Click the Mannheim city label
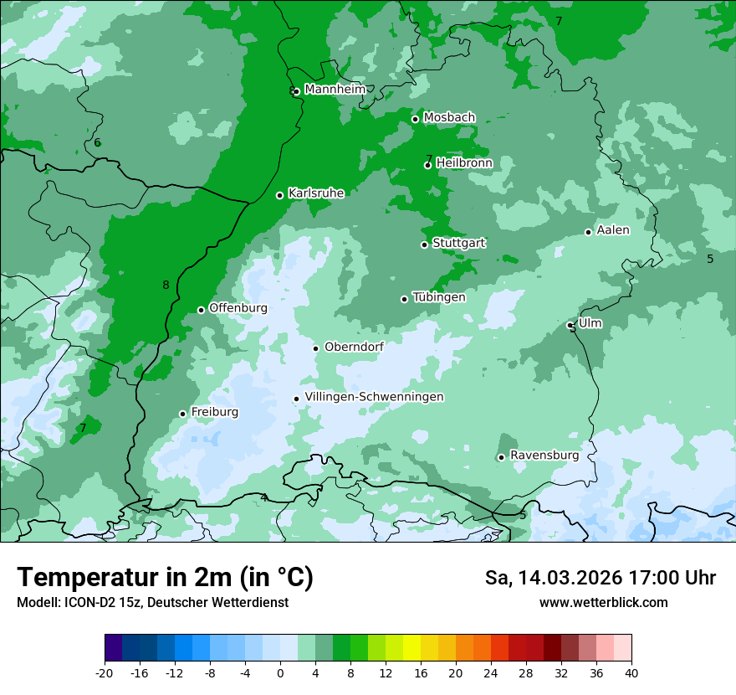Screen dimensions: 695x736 click(335, 90)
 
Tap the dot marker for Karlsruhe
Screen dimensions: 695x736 click(280, 196)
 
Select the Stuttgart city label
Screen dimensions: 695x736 click(458, 243)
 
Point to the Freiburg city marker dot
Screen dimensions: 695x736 click(182, 414)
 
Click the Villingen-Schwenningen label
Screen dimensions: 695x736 click(374, 397)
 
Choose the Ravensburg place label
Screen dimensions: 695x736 click(544, 456)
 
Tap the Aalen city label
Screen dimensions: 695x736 click(613, 230)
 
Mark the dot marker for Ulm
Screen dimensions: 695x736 click(570, 325)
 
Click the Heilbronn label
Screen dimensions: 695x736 click(464, 163)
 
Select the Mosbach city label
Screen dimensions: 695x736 click(449, 118)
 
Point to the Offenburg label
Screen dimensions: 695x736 click(238, 308)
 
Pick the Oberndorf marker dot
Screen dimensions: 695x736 click(315, 348)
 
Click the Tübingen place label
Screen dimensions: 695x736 click(439, 297)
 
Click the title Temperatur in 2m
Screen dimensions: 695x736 click(165, 577)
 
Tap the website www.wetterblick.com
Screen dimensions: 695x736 click(603, 603)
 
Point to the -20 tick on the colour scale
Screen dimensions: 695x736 click(105, 673)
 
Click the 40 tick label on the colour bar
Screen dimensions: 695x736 click(631, 673)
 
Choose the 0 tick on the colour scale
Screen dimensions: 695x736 click(280, 673)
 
